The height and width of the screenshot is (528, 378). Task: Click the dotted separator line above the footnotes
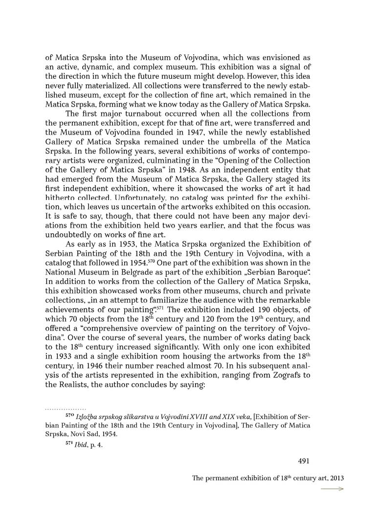(x=65, y=408)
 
